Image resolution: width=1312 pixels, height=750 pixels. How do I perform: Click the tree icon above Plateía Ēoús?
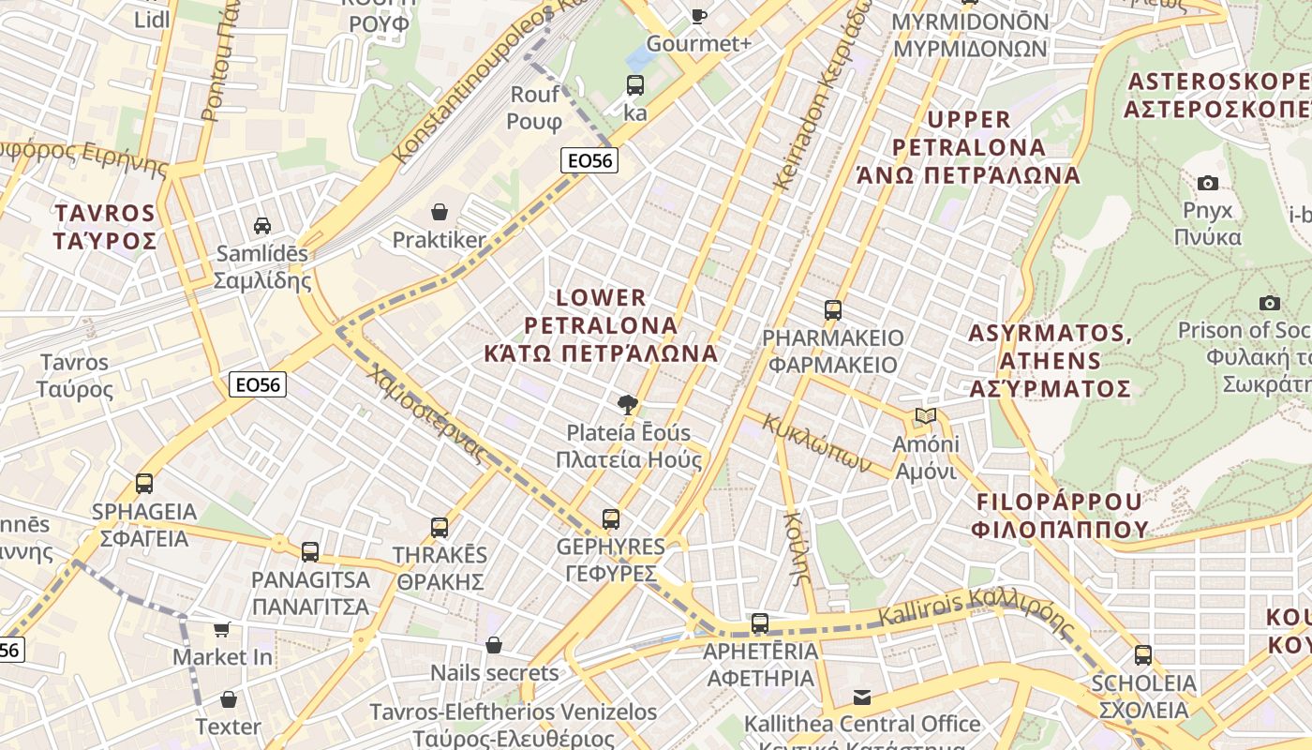point(627,405)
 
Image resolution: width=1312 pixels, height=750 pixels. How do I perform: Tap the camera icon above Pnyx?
point(1208,183)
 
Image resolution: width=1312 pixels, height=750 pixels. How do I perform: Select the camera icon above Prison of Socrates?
point(1270,303)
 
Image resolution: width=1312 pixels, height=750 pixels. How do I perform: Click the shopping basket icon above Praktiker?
point(439,213)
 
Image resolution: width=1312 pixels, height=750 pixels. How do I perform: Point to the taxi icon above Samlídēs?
point(262,226)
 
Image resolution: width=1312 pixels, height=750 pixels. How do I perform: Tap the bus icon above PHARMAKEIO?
point(833,310)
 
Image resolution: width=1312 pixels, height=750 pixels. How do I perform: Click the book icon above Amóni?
point(925,416)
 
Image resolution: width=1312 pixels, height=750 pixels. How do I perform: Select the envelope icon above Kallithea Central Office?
point(862,697)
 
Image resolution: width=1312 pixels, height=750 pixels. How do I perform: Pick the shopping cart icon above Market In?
point(222,630)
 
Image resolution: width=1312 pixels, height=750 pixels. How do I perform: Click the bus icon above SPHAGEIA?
point(144,484)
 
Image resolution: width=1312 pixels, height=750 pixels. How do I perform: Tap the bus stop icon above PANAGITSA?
point(310,552)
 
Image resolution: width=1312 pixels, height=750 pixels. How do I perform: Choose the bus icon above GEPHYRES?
point(610,519)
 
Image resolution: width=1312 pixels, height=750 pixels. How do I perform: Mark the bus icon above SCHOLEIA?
point(1142,655)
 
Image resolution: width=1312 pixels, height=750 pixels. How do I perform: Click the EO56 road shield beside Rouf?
point(590,160)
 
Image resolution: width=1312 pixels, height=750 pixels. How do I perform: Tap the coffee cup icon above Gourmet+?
point(698,16)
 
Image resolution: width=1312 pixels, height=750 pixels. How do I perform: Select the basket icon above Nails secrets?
point(494,645)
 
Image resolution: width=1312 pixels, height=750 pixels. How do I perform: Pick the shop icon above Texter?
point(229,699)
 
